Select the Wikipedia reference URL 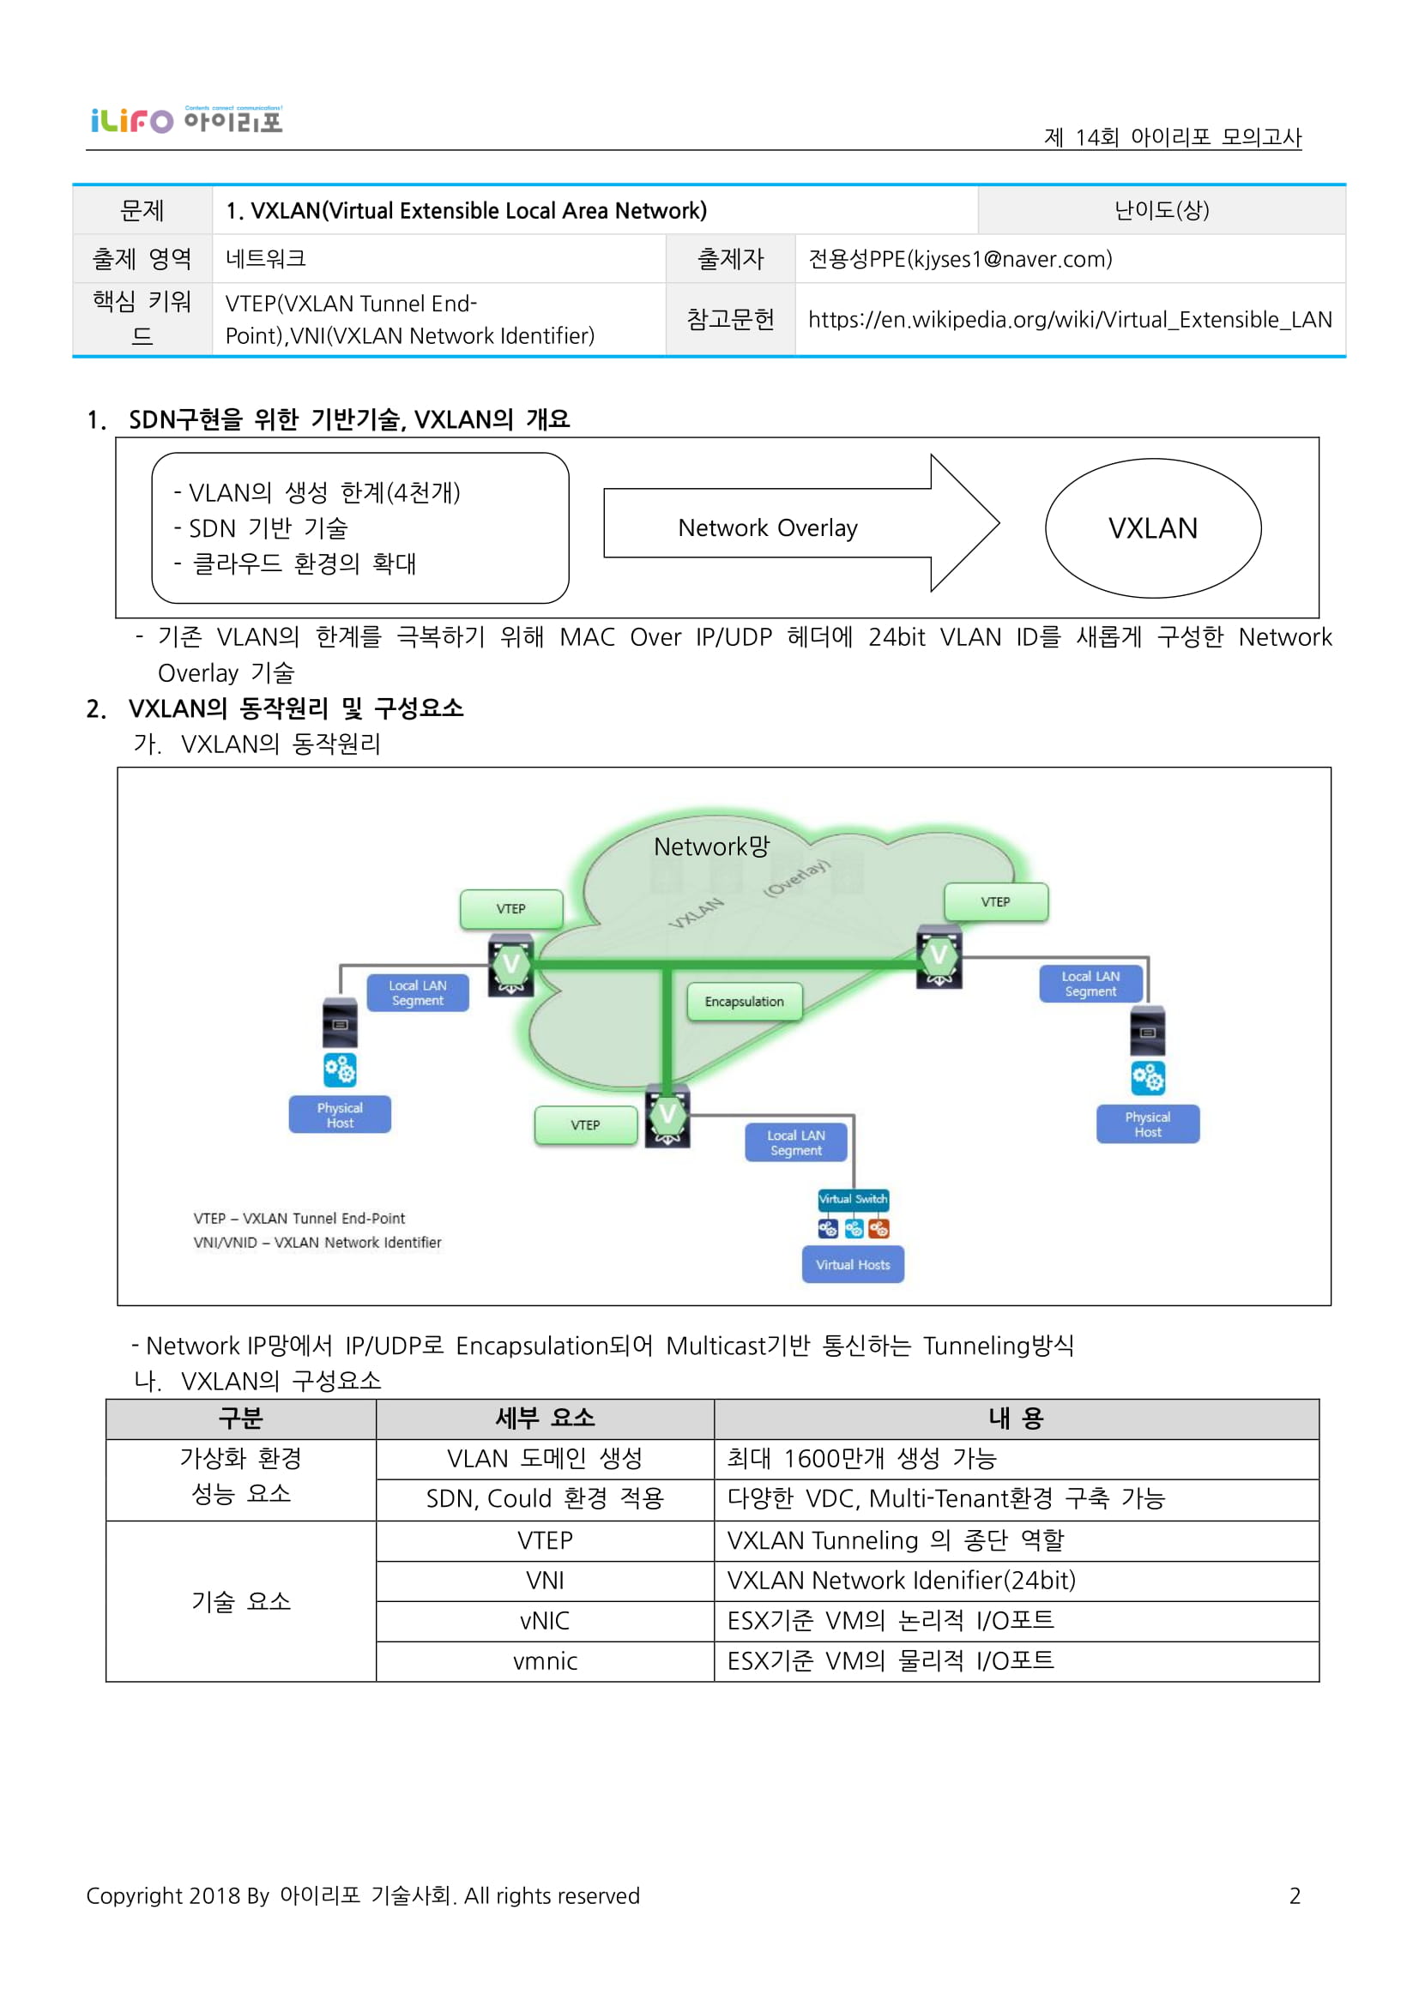coord(1070,320)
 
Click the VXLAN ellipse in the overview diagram coord(1152,527)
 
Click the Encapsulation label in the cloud coord(744,1001)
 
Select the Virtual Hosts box coord(852,1264)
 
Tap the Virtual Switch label coord(852,1199)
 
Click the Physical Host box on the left coord(340,1115)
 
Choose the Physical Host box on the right coord(1147,1124)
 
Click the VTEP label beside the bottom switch coord(585,1124)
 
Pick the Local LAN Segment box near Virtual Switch coord(795,1142)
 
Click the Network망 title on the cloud coord(711,846)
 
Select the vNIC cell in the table coord(545,1621)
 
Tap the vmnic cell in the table coord(545,1661)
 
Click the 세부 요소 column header coord(545,1418)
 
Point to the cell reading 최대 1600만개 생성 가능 coord(860,1458)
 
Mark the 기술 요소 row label coord(240,1600)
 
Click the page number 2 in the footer coord(1294,1895)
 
